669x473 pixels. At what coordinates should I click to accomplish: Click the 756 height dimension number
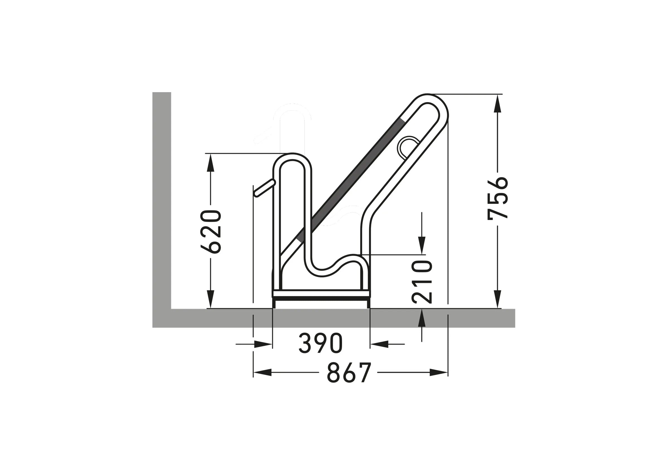click(498, 197)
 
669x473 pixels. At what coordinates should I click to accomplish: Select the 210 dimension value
click(422, 282)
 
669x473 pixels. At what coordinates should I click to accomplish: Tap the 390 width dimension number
click(320, 344)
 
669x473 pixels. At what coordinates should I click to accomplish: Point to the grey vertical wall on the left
click(162, 198)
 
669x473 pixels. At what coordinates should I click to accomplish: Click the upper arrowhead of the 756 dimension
click(498, 103)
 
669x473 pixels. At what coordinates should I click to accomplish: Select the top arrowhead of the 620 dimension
click(211, 163)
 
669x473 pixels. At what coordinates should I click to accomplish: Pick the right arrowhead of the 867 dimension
click(438, 372)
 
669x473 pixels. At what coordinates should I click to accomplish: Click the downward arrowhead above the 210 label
click(422, 246)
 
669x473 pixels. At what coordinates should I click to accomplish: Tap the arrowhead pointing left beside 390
click(379, 344)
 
